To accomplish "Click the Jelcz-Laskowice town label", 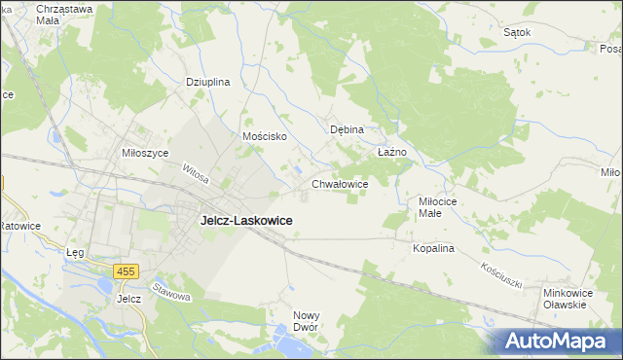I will (246, 221).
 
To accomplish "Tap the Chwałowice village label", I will (339, 183).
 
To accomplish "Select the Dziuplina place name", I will (207, 83).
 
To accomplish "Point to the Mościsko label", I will (264, 137).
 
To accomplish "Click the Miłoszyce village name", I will (145, 154).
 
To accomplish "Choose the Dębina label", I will (347, 129).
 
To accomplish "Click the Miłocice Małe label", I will (430, 207).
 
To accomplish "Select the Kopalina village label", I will (433, 249).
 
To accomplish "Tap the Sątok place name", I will (517, 32).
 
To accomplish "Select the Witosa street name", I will (196, 175).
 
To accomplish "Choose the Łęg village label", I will (75, 253).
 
